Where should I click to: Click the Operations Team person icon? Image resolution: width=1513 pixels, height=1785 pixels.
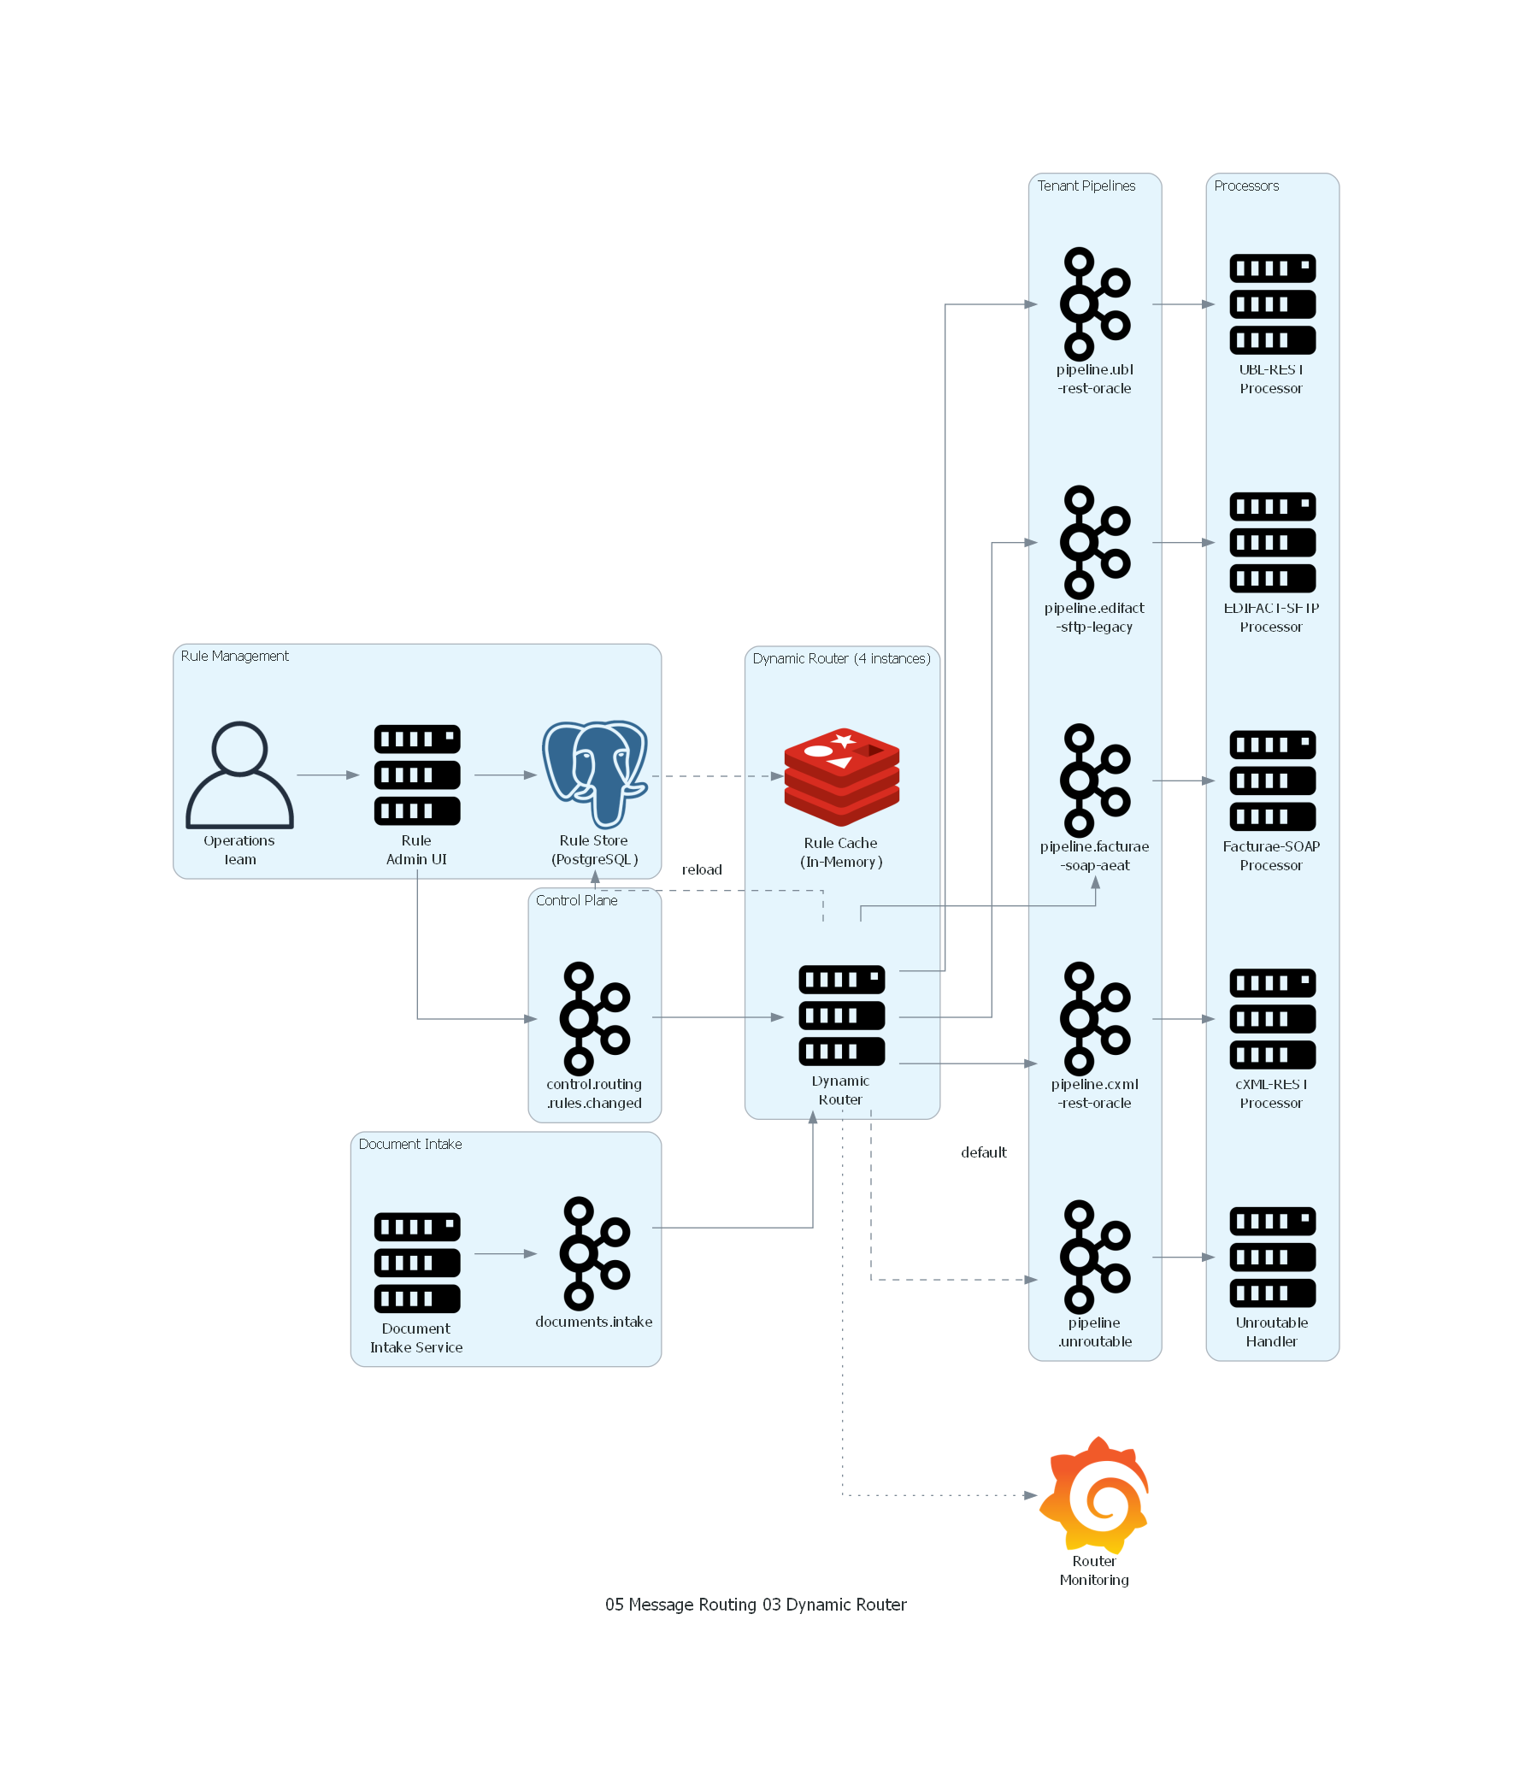[x=239, y=775]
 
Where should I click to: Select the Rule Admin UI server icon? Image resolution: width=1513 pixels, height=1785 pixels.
[x=417, y=775]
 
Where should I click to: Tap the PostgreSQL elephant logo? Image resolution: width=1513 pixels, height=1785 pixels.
[x=594, y=773]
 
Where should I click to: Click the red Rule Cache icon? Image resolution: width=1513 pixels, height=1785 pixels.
[x=841, y=776]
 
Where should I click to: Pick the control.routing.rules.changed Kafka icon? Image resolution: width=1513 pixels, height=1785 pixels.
[x=594, y=1018]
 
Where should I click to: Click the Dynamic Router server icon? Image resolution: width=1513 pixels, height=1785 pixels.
[x=841, y=1016]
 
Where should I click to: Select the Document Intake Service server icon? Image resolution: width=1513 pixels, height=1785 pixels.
[x=417, y=1263]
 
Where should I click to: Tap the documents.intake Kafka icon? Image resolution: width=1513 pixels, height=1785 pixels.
[x=594, y=1253]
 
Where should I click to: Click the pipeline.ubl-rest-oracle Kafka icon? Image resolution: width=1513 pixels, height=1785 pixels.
[x=1094, y=303]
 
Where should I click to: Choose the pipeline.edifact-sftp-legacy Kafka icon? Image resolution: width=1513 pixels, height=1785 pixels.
[x=1094, y=542]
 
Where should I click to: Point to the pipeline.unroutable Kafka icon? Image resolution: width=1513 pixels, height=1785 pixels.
[x=1094, y=1257]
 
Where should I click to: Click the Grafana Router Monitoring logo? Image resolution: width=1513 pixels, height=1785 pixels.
[x=1094, y=1495]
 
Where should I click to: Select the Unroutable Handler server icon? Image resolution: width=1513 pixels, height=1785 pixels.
[x=1272, y=1257]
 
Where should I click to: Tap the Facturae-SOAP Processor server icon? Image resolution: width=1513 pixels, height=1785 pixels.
[x=1272, y=781]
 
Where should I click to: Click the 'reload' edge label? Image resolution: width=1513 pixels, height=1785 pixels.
[x=702, y=869]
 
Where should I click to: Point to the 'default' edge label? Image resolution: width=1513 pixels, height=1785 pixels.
[x=983, y=1152]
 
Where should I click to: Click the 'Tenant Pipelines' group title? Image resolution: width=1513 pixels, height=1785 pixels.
[x=1086, y=186]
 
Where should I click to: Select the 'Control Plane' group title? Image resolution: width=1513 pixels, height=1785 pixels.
[x=576, y=901]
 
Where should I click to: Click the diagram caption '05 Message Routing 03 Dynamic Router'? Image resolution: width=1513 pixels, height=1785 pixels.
[x=756, y=1604]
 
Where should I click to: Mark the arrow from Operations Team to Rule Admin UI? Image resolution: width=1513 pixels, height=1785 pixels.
[x=327, y=775]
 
